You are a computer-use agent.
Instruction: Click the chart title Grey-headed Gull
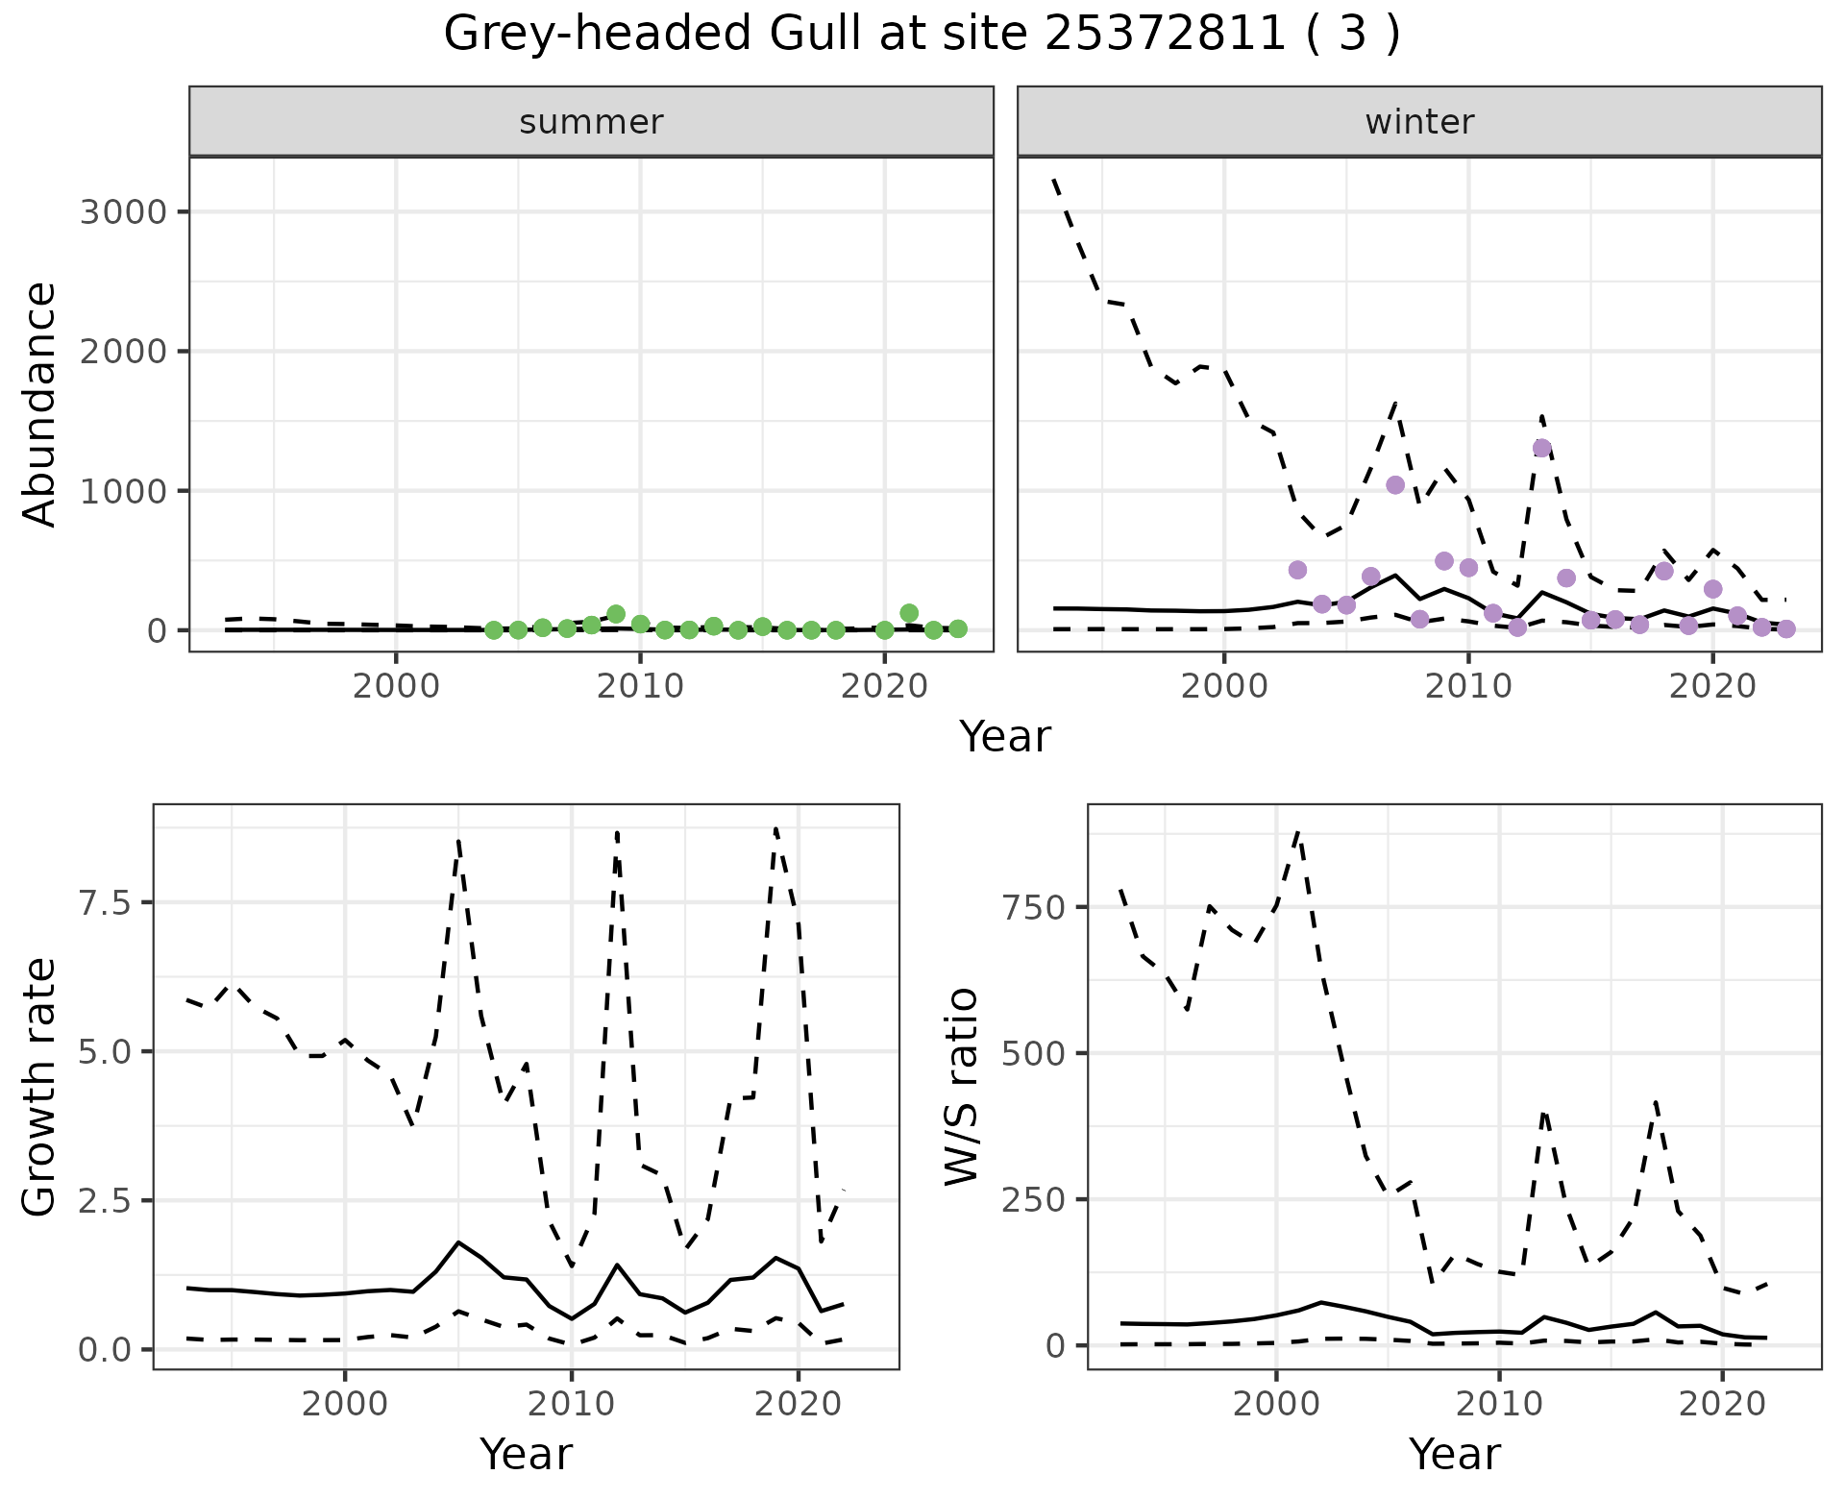pos(921,35)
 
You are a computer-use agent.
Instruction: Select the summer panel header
pos(591,122)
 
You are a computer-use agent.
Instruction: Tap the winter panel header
pos(1419,122)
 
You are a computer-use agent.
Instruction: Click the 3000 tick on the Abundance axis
pos(123,211)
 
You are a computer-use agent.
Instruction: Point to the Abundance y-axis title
pos(40,404)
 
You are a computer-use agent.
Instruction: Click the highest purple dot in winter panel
pos(1542,448)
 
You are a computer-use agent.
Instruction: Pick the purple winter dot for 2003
pos(1297,570)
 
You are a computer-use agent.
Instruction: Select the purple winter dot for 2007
pos(1395,485)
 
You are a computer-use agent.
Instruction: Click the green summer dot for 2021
pos(909,613)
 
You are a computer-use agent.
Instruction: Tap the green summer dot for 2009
pos(616,614)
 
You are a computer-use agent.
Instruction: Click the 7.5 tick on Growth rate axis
pos(108,902)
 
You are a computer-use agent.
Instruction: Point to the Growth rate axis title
pos(40,1086)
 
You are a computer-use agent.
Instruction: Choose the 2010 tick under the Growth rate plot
pos(571,1404)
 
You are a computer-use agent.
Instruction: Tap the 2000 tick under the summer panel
pos(395,687)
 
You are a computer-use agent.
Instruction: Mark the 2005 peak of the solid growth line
pos(458,1242)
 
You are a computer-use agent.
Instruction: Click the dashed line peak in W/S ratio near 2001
pos(1298,832)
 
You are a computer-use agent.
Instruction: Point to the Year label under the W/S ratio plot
pos(1454,1454)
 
